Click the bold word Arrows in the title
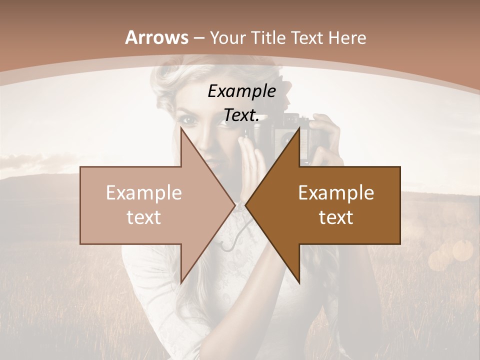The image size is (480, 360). pos(156,37)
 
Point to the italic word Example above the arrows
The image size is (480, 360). pos(241,91)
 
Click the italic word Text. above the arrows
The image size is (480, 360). pos(241,115)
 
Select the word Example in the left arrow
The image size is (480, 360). pos(144,193)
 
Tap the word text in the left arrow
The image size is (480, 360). pos(144,217)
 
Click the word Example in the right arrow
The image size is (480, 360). pos(336,193)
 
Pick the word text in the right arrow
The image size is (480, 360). pos(336,217)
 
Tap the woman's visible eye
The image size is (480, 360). pos(189,120)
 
